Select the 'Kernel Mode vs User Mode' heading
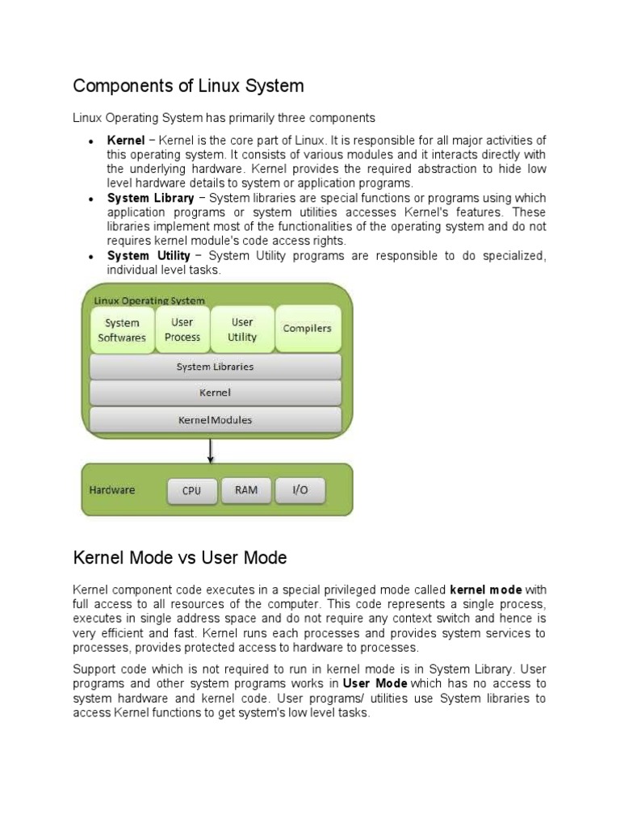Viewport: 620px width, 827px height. point(180,558)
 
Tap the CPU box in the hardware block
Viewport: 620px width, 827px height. point(192,490)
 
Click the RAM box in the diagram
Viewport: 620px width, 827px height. point(246,489)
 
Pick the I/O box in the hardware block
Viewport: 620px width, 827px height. point(300,489)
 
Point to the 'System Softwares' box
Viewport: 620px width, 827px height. point(122,330)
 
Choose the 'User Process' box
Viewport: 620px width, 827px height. point(182,330)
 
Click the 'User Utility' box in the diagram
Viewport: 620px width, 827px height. point(242,330)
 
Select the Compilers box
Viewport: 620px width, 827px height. point(307,329)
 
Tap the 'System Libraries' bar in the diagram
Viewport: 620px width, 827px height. point(215,367)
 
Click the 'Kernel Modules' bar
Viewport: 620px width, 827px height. point(215,420)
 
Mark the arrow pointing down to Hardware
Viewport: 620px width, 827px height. point(211,450)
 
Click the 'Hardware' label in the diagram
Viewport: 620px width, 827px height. point(112,490)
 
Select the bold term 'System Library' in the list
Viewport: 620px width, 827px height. point(151,198)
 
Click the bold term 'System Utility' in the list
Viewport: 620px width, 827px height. point(149,256)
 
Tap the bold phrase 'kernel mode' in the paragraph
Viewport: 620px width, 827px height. point(486,589)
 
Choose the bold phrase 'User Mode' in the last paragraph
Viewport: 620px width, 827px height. point(373,682)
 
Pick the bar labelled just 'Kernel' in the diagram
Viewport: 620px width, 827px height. point(215,393)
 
